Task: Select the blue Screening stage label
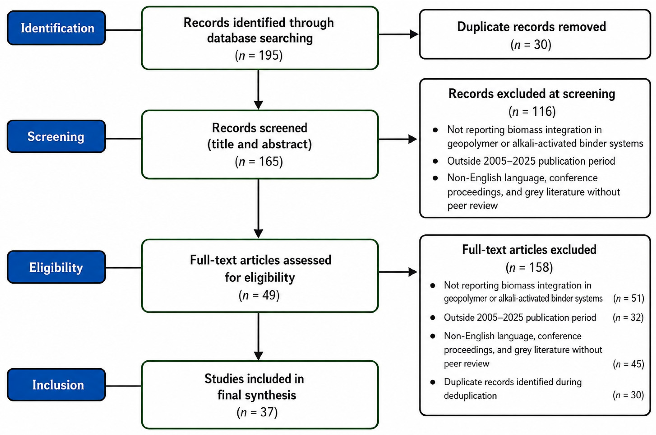pyautogui.click(x=56, y=136)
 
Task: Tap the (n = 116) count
pyautogui.click(x=532, y=111)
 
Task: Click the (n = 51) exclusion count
pyautogui.click(x=629, y=298)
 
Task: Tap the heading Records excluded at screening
pyautogui.click(x=532, y=94)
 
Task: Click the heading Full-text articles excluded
pyautogui.click(x=529, y=250)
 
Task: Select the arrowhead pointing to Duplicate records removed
pyautogui.click(x=414, y=34)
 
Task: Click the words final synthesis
pyautogui.click(x=257, y=395)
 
